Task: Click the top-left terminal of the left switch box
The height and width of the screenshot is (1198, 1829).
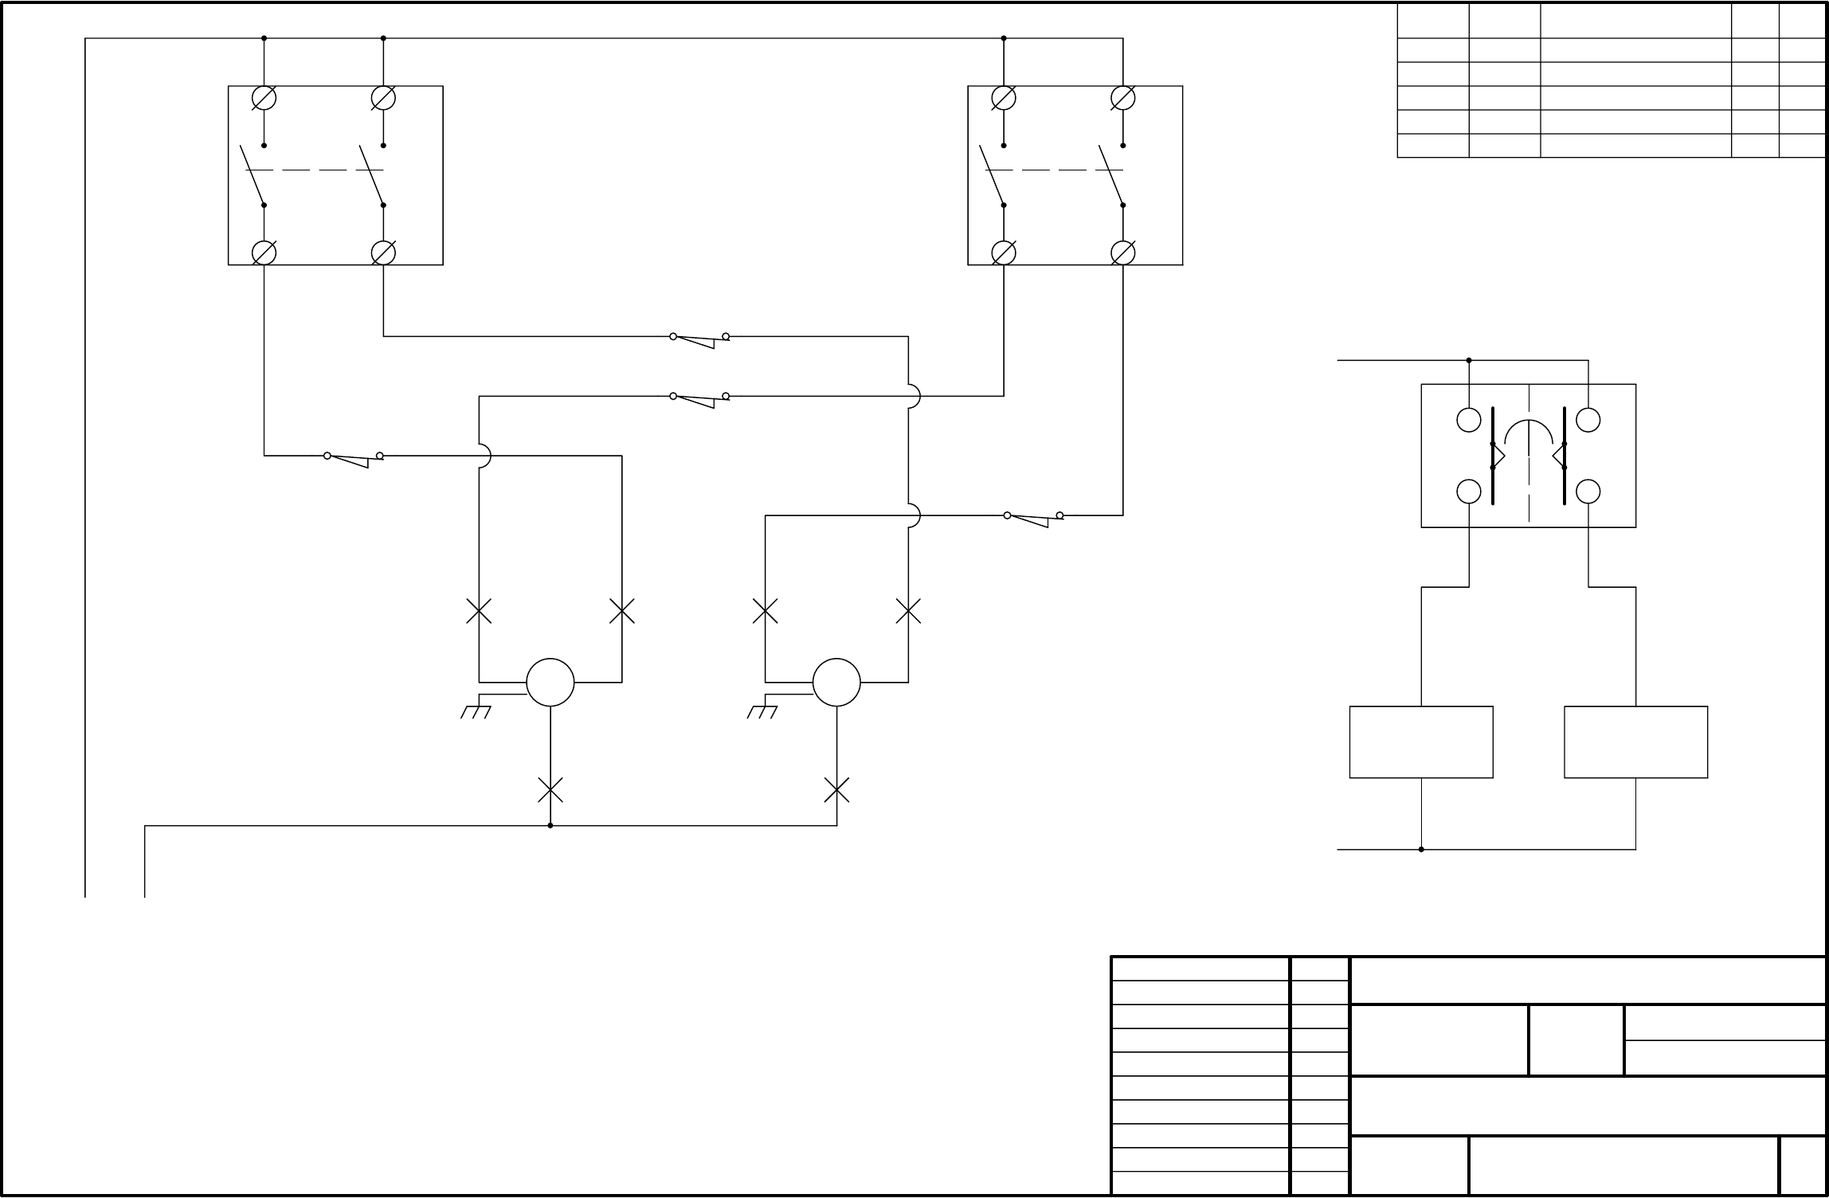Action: (264, 98)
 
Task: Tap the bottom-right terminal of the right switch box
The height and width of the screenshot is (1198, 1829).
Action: (1122, 253)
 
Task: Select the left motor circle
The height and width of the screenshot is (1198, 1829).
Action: (550, 683)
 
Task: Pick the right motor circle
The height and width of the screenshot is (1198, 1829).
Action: (836, 683)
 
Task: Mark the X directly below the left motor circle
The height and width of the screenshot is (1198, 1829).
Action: (550, 790)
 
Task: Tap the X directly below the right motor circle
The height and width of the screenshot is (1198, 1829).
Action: (836, 790)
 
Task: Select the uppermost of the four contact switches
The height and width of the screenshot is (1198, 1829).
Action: (699, 339)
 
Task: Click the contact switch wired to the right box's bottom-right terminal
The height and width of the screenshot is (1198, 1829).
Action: (1033, 518)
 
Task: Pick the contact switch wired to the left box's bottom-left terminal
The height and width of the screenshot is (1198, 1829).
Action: (354, 458)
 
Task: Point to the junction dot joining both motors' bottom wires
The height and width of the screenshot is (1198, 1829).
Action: (550, 826)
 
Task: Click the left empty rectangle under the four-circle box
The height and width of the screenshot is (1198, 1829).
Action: (1421, 742)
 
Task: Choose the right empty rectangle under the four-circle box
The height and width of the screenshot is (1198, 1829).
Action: (1635, 742)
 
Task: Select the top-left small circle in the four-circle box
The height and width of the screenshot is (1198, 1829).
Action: (1469, 420)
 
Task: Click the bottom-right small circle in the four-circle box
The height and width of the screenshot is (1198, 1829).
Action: (1588, 491)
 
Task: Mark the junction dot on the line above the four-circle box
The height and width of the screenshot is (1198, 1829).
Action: (1469, 360)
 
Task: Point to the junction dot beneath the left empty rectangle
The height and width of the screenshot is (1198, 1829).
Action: (1421, 849)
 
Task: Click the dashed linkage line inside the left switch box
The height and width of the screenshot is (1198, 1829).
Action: (323, 170)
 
